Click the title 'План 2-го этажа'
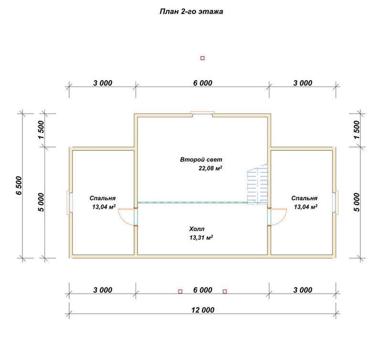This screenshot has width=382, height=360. [x=191, y=11]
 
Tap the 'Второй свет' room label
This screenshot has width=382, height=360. [x=201, y=159]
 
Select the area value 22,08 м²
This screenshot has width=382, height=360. [x=210, y=168]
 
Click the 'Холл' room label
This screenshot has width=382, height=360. [x=197, y=229]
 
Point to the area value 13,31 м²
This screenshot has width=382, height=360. [x=201, y=237]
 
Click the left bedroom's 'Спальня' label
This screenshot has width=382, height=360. [x=103, y=198]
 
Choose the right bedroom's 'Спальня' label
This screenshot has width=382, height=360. [x=304, y=198]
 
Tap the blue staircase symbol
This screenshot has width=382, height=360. [x=257, y=184]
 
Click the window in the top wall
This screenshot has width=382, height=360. [x=202, y=113]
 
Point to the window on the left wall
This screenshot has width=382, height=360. [x=69, y=202]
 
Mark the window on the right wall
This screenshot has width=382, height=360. [x=336, y=202]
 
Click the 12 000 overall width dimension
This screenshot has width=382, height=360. [x=202, y=310]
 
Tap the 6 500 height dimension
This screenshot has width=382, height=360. [x=19, y=186]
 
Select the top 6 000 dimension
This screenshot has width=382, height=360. [x=202, y=83]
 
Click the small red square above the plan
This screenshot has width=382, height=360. [x=202, y=58]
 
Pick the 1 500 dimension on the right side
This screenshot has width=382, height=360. [x=357, y=130]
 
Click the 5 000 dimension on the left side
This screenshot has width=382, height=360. [x=41, y=202]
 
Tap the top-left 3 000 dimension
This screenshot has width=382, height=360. [x=103, y=83]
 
